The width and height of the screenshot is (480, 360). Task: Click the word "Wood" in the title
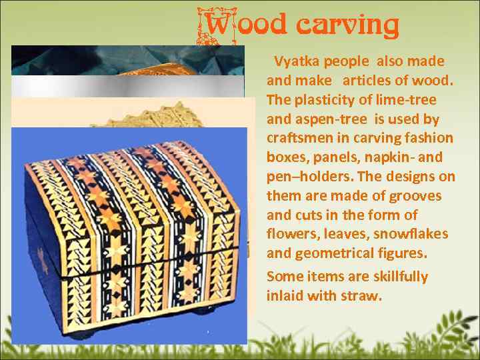click(245, 25)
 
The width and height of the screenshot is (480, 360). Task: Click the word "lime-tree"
click(407, 100)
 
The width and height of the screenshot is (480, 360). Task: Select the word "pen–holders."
click(307, 177)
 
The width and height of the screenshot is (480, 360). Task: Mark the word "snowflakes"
click(411, 235)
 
